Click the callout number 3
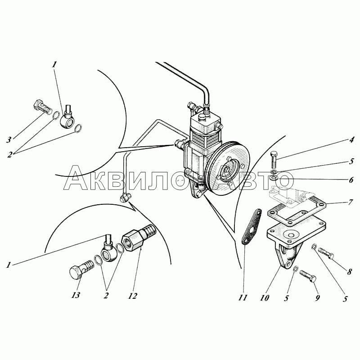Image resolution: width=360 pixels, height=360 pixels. [9, 139]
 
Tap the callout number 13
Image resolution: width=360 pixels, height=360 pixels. [76, 295]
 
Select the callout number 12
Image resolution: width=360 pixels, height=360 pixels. [132, 296]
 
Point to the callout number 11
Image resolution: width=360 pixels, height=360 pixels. [243, 297]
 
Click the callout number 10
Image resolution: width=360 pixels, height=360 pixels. [265, 298]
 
